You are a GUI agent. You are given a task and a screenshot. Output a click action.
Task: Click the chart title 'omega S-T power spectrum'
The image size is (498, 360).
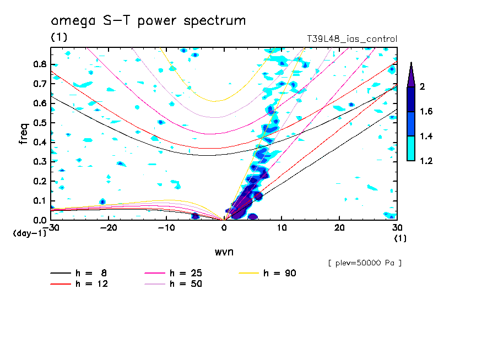[x=148, y=21]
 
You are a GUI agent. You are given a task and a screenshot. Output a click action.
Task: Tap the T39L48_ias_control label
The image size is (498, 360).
[x=351, y=39]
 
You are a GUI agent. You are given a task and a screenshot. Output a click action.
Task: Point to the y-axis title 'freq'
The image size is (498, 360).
[x=24, y=133]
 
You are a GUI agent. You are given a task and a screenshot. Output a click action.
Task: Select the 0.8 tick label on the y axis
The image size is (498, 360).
[x=39, y=64]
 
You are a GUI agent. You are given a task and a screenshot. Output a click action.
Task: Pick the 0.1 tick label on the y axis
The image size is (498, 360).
[x=39, y=200]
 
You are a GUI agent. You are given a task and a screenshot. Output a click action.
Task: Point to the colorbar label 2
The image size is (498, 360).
[x=423, y=87]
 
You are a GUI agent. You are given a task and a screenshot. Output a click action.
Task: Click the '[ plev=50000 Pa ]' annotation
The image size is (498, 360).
[x=364, y=263]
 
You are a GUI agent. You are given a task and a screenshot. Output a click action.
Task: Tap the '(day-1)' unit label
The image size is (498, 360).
[x=27, y=233]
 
